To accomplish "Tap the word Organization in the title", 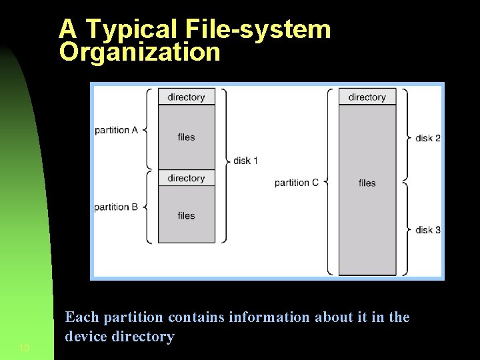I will point(139,52).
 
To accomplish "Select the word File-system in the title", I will point(257,29).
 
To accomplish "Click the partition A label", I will point(116,130).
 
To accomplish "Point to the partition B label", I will point(116,207).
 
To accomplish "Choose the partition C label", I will point(296,183).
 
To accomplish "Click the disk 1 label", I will point(245,161).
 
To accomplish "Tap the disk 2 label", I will point(428,138).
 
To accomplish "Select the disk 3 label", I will point(428,230).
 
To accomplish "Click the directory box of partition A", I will point(187,97).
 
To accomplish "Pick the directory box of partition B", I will point(187,178).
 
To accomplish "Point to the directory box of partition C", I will point(367,97).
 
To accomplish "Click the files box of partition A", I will point(187,137).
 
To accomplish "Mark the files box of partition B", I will point(187,215).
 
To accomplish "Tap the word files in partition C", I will point(367,183).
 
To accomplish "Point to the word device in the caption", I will point(85,337).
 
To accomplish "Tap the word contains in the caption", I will point(197,317).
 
